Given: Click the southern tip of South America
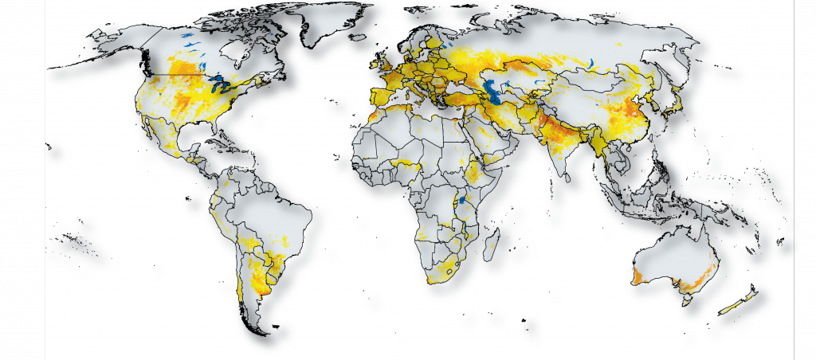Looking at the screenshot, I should [x=257, y=327].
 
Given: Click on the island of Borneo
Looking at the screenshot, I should [x=650, y=189].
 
